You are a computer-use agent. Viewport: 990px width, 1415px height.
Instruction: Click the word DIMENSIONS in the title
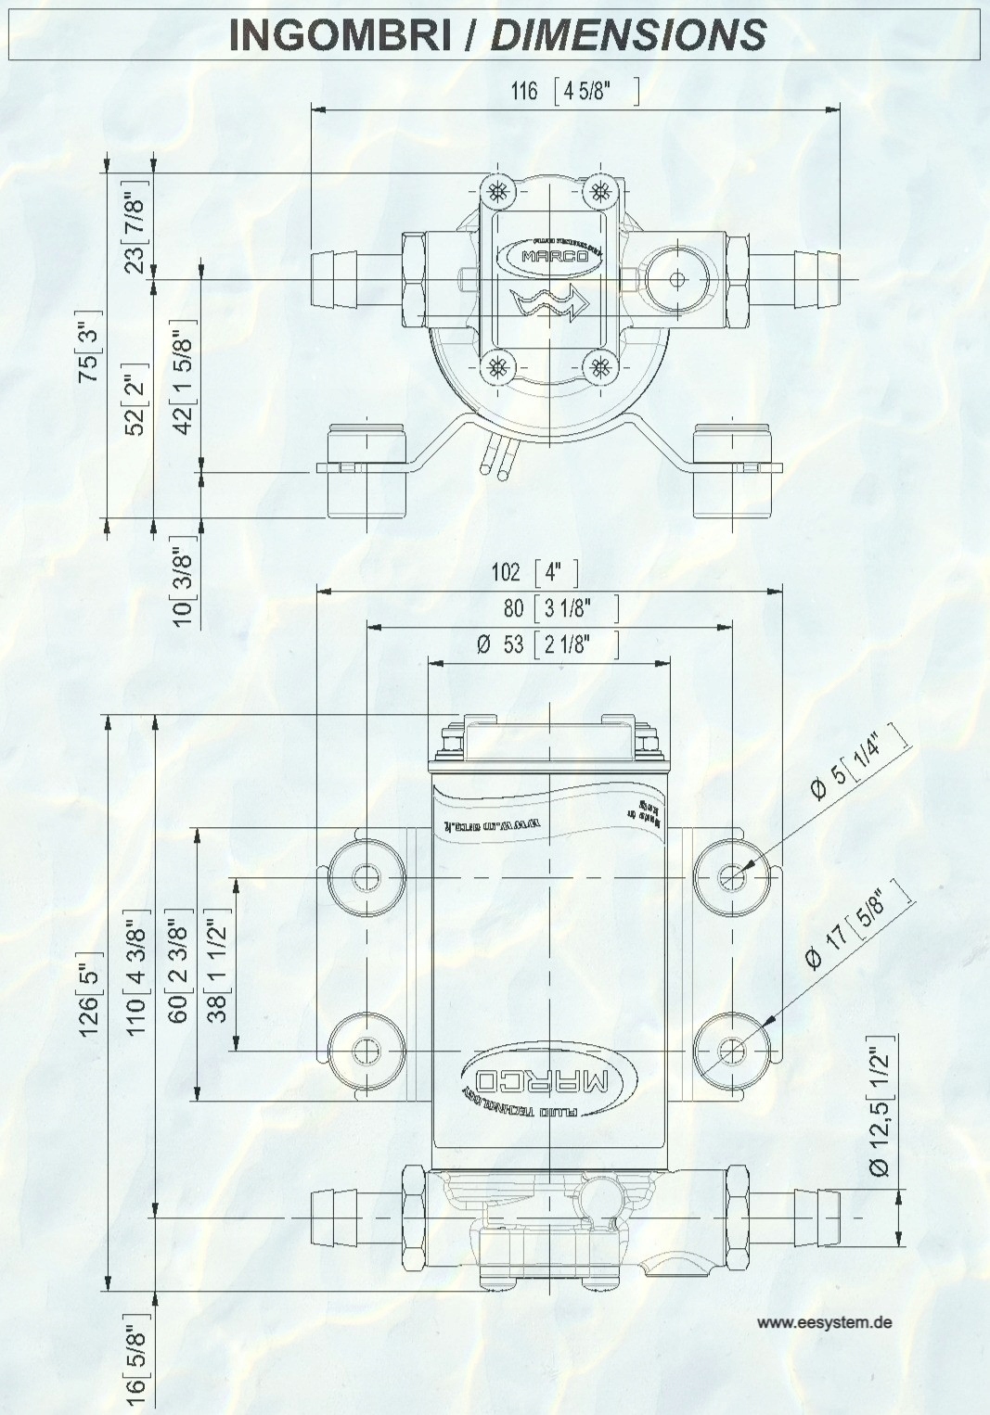(x=628, y=35)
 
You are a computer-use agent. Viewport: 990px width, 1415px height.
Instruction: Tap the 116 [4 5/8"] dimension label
(x=573, y=91)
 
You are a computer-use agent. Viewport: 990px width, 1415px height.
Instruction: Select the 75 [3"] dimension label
(x=89, y=351)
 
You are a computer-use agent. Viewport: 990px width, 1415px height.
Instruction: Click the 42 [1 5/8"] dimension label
(x=183, y=376)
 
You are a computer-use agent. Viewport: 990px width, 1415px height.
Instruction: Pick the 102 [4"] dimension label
(x=534, y=572)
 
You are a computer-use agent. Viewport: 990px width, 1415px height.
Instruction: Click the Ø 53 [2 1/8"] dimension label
(x=546, y=644)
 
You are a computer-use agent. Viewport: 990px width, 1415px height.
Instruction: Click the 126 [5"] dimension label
(x=89, y=991)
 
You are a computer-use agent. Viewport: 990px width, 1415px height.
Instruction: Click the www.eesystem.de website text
(x=824, y=1322)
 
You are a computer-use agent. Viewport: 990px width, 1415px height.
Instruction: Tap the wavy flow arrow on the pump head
(x=548, y=302)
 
